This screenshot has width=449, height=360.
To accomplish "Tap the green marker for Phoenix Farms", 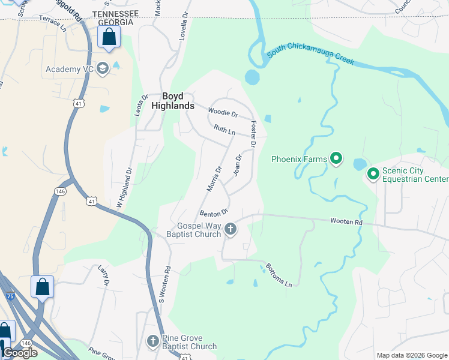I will pos(337,159).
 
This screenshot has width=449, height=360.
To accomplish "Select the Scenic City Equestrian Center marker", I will pos(373,174).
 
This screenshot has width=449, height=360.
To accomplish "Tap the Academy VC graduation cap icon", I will pos(103,68).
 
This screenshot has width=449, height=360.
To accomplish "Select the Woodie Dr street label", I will pos(223,112).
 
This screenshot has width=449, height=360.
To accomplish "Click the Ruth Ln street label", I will pos(224,130).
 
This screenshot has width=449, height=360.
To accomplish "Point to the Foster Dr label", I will pos(253,134).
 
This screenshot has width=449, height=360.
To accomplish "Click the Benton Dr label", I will pos(214,212).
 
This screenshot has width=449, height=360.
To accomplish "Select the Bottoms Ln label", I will pos(280,275).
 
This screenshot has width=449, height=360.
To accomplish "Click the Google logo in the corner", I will pos(20,353).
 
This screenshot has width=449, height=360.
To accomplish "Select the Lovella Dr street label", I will pos(183,27).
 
